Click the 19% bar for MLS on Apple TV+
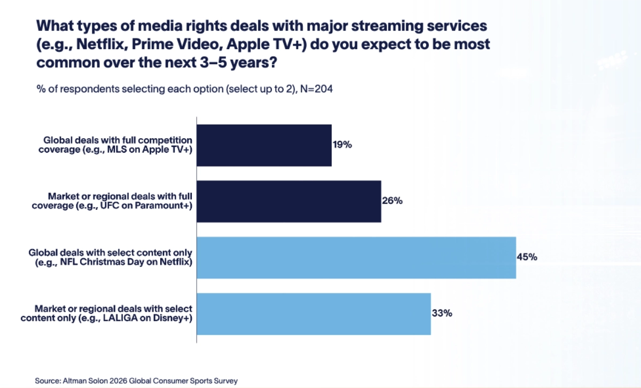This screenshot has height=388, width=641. pos(264,145)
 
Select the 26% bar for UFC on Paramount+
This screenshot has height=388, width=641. pos(289,201)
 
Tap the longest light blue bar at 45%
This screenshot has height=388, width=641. pos(356,257)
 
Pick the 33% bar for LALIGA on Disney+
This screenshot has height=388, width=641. pos(314,313)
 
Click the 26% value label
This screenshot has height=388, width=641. pos(392,201)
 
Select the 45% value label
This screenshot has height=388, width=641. pos(527,257)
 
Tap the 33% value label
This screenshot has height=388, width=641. pos(442,313)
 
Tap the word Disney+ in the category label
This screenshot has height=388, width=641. pos(175,318)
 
